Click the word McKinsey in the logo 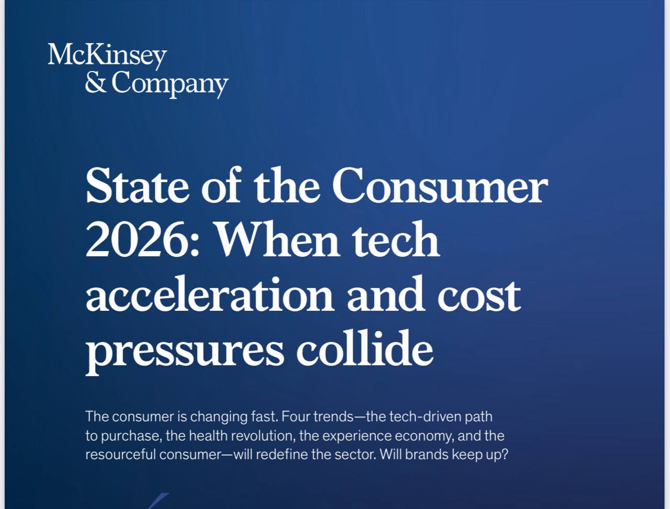click(x=107, y=55)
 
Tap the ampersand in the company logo click(x=96, y=82)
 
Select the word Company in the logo click(x=170, y=84)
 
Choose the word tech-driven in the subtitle click(x=425, y=416)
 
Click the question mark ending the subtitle click(x=505, y=455)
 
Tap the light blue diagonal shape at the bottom click(x=159, y=501)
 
